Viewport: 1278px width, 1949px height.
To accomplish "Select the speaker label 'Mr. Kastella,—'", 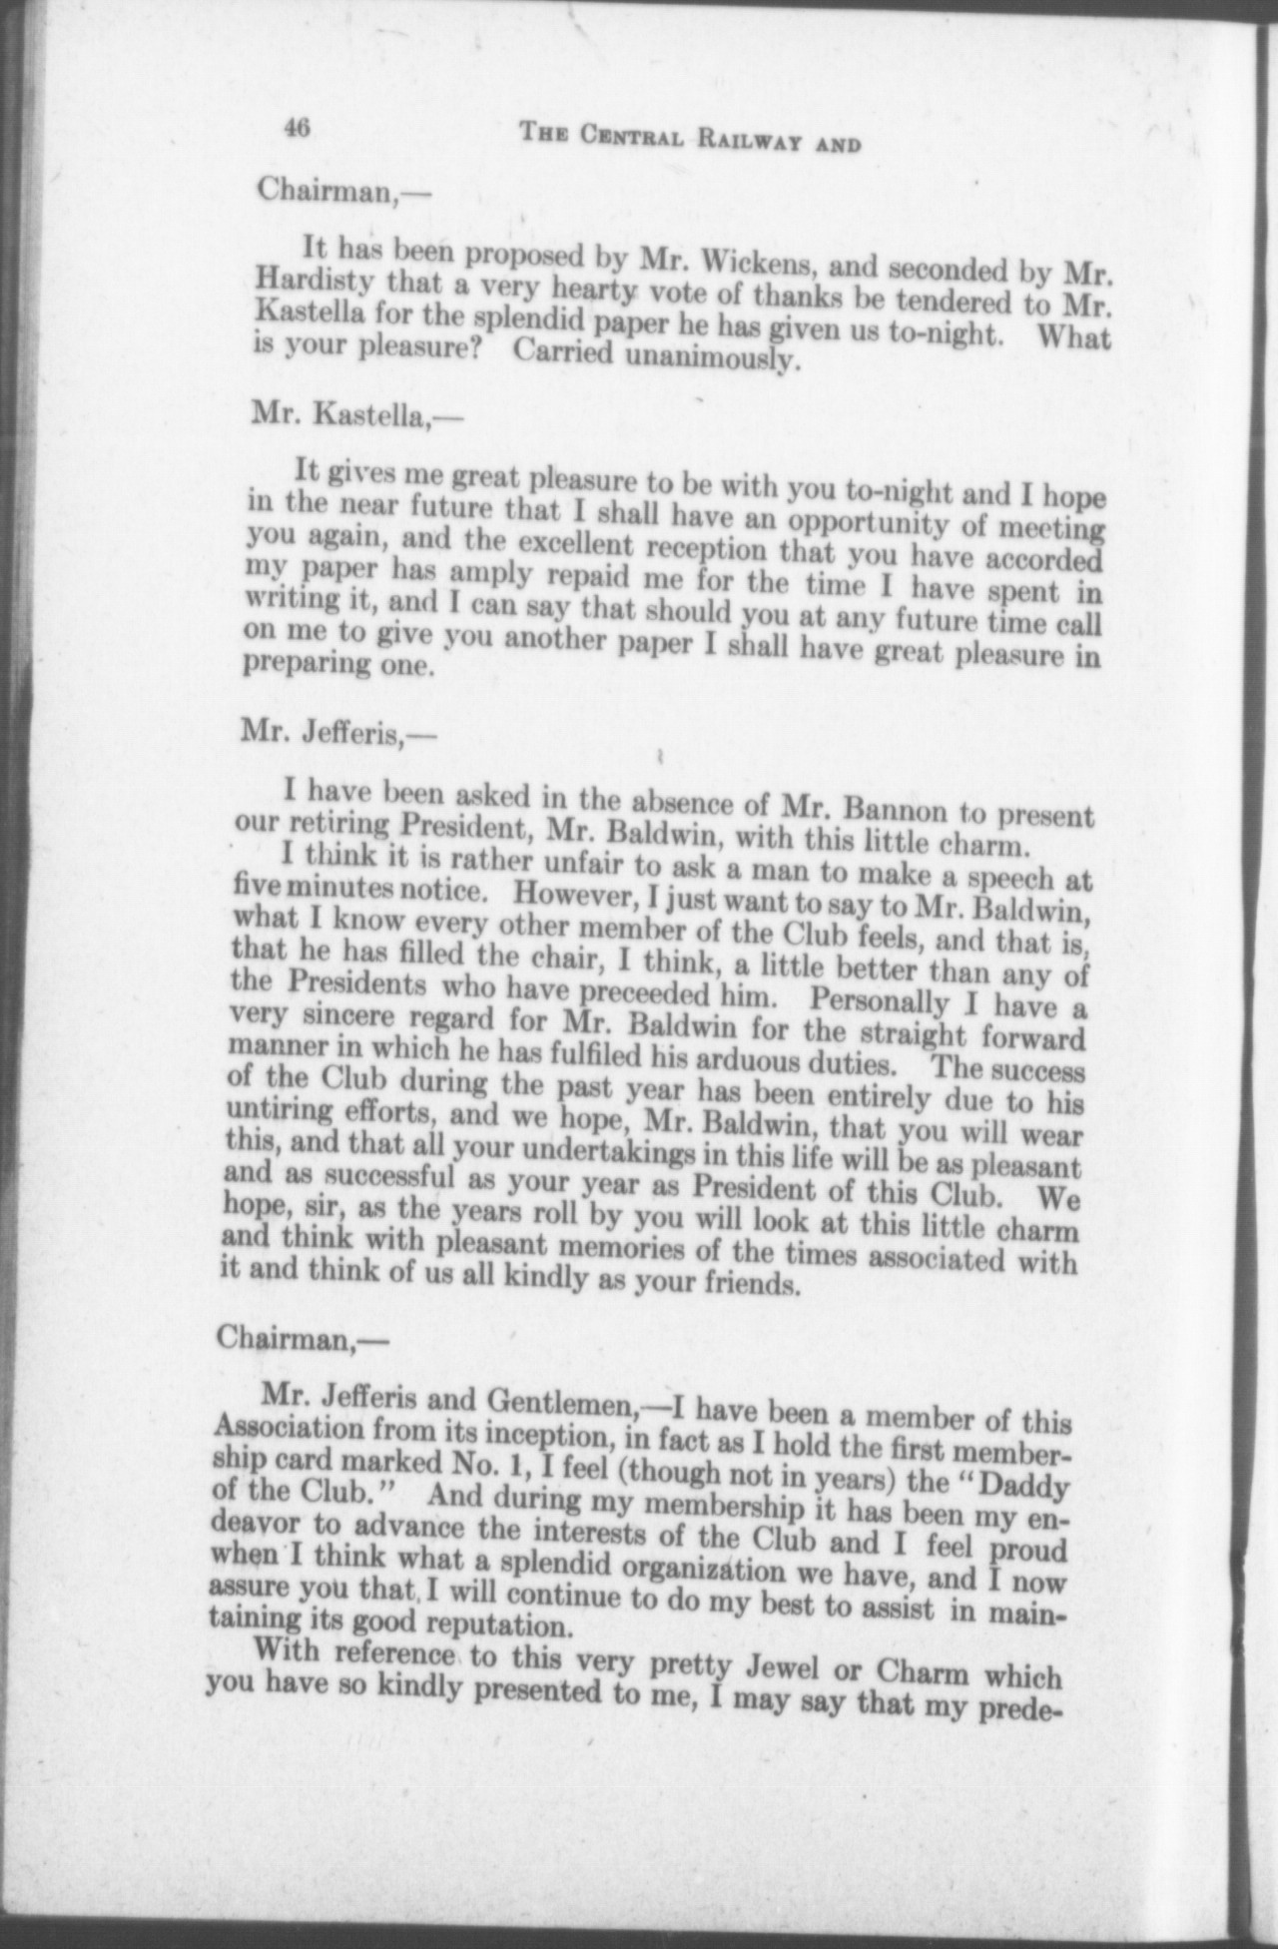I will coord(345,416).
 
